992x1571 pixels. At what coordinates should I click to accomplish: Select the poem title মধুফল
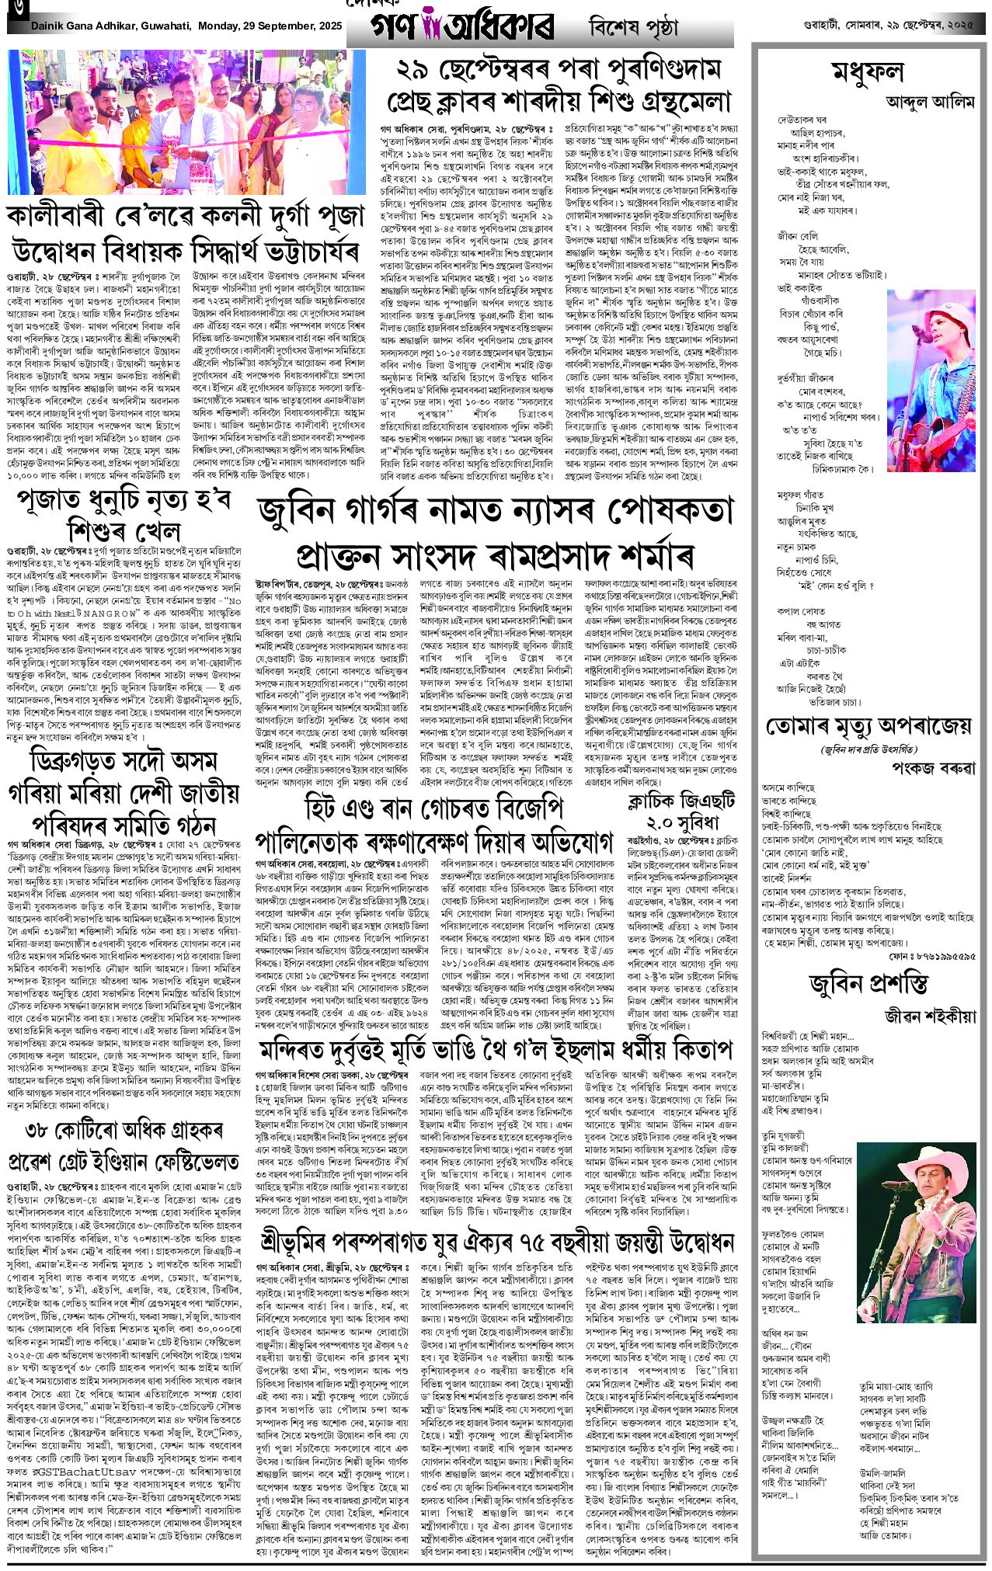pyautogui.click(x=868, y=72)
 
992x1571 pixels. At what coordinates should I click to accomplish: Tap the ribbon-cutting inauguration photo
pyautogui.click(x=186, y=122)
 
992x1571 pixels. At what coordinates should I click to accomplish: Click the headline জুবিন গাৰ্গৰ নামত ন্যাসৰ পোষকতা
pyautogui.click(x=495, y=512)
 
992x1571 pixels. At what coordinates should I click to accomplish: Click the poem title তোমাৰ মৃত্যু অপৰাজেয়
pyautogui.click(x=868, y=727)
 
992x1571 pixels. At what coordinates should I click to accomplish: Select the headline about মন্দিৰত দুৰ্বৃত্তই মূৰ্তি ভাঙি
pyautogui.click(x=495, y=1050)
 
